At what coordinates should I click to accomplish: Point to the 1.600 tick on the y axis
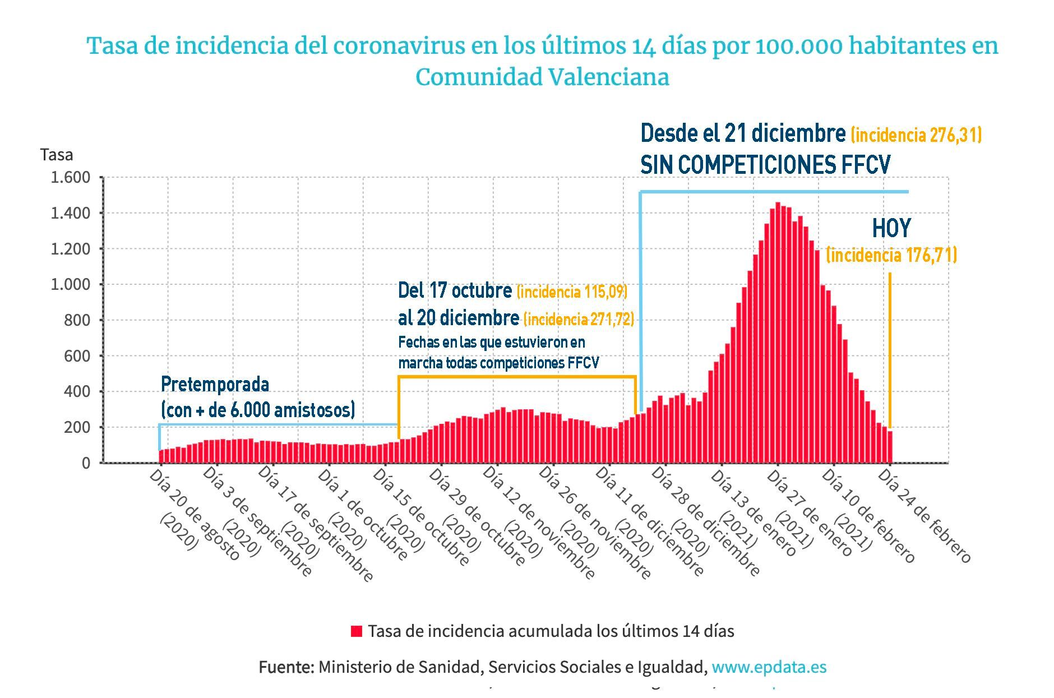[70, 178]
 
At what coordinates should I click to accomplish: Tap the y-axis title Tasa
[56, 155]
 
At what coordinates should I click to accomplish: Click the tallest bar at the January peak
[778, 336]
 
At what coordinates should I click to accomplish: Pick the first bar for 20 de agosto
[161, 456]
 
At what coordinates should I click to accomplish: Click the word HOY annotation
[891, 228]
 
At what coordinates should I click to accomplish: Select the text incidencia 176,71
[891, 256]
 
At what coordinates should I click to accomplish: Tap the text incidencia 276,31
[916, 135]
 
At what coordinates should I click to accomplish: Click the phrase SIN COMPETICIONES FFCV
[765, 165]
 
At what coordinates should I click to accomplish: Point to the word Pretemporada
[215, 385]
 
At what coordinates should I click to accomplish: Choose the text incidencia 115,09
[571, 292]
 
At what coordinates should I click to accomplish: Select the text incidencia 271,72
[579, 320]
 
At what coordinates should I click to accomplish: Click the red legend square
[356, 631]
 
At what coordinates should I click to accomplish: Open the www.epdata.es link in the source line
[769, 667]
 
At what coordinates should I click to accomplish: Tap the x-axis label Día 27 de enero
[807, 513]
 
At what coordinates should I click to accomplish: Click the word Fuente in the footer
[286, 667]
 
